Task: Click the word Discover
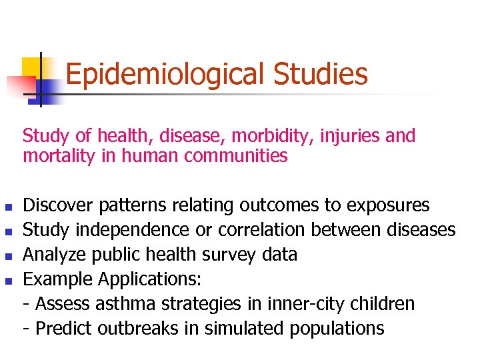[59, 205]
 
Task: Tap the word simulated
[247, 329]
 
